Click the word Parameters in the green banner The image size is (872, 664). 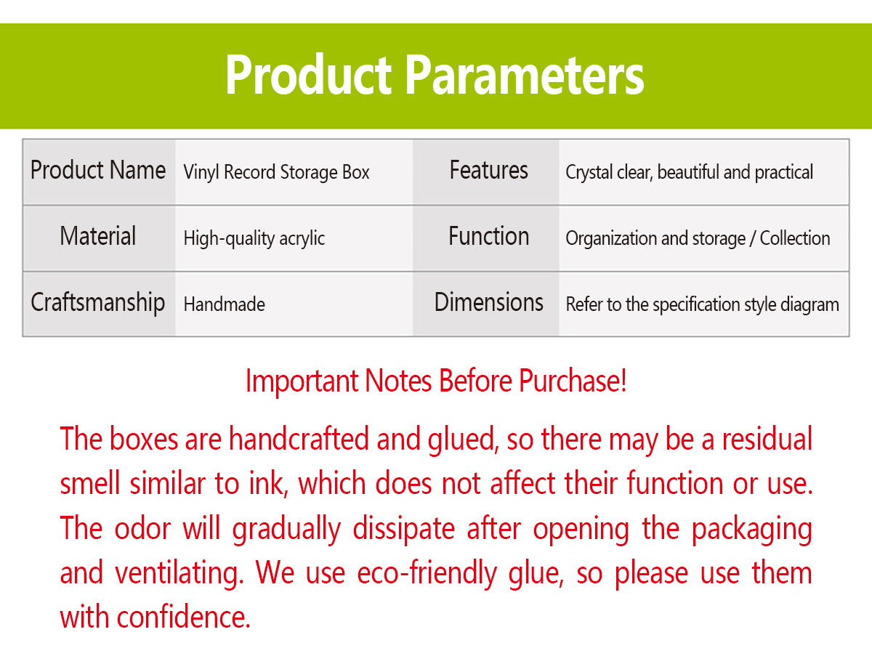pos(525,75)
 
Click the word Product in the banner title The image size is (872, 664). pos(309,75)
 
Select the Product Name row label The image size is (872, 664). pos(98,171)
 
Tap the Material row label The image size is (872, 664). pos(98,236)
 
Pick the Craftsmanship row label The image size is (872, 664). pos(98,303)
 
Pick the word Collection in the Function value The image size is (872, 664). pos(795,238)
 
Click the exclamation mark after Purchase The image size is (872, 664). pos(623,381)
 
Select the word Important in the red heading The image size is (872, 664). pos(302,381)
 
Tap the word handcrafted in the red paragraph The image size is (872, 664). pos(299,439)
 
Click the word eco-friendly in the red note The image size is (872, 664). pos(427,573)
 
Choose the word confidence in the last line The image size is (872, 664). pos(184,618)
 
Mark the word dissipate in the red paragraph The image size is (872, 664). pos(403,530)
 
